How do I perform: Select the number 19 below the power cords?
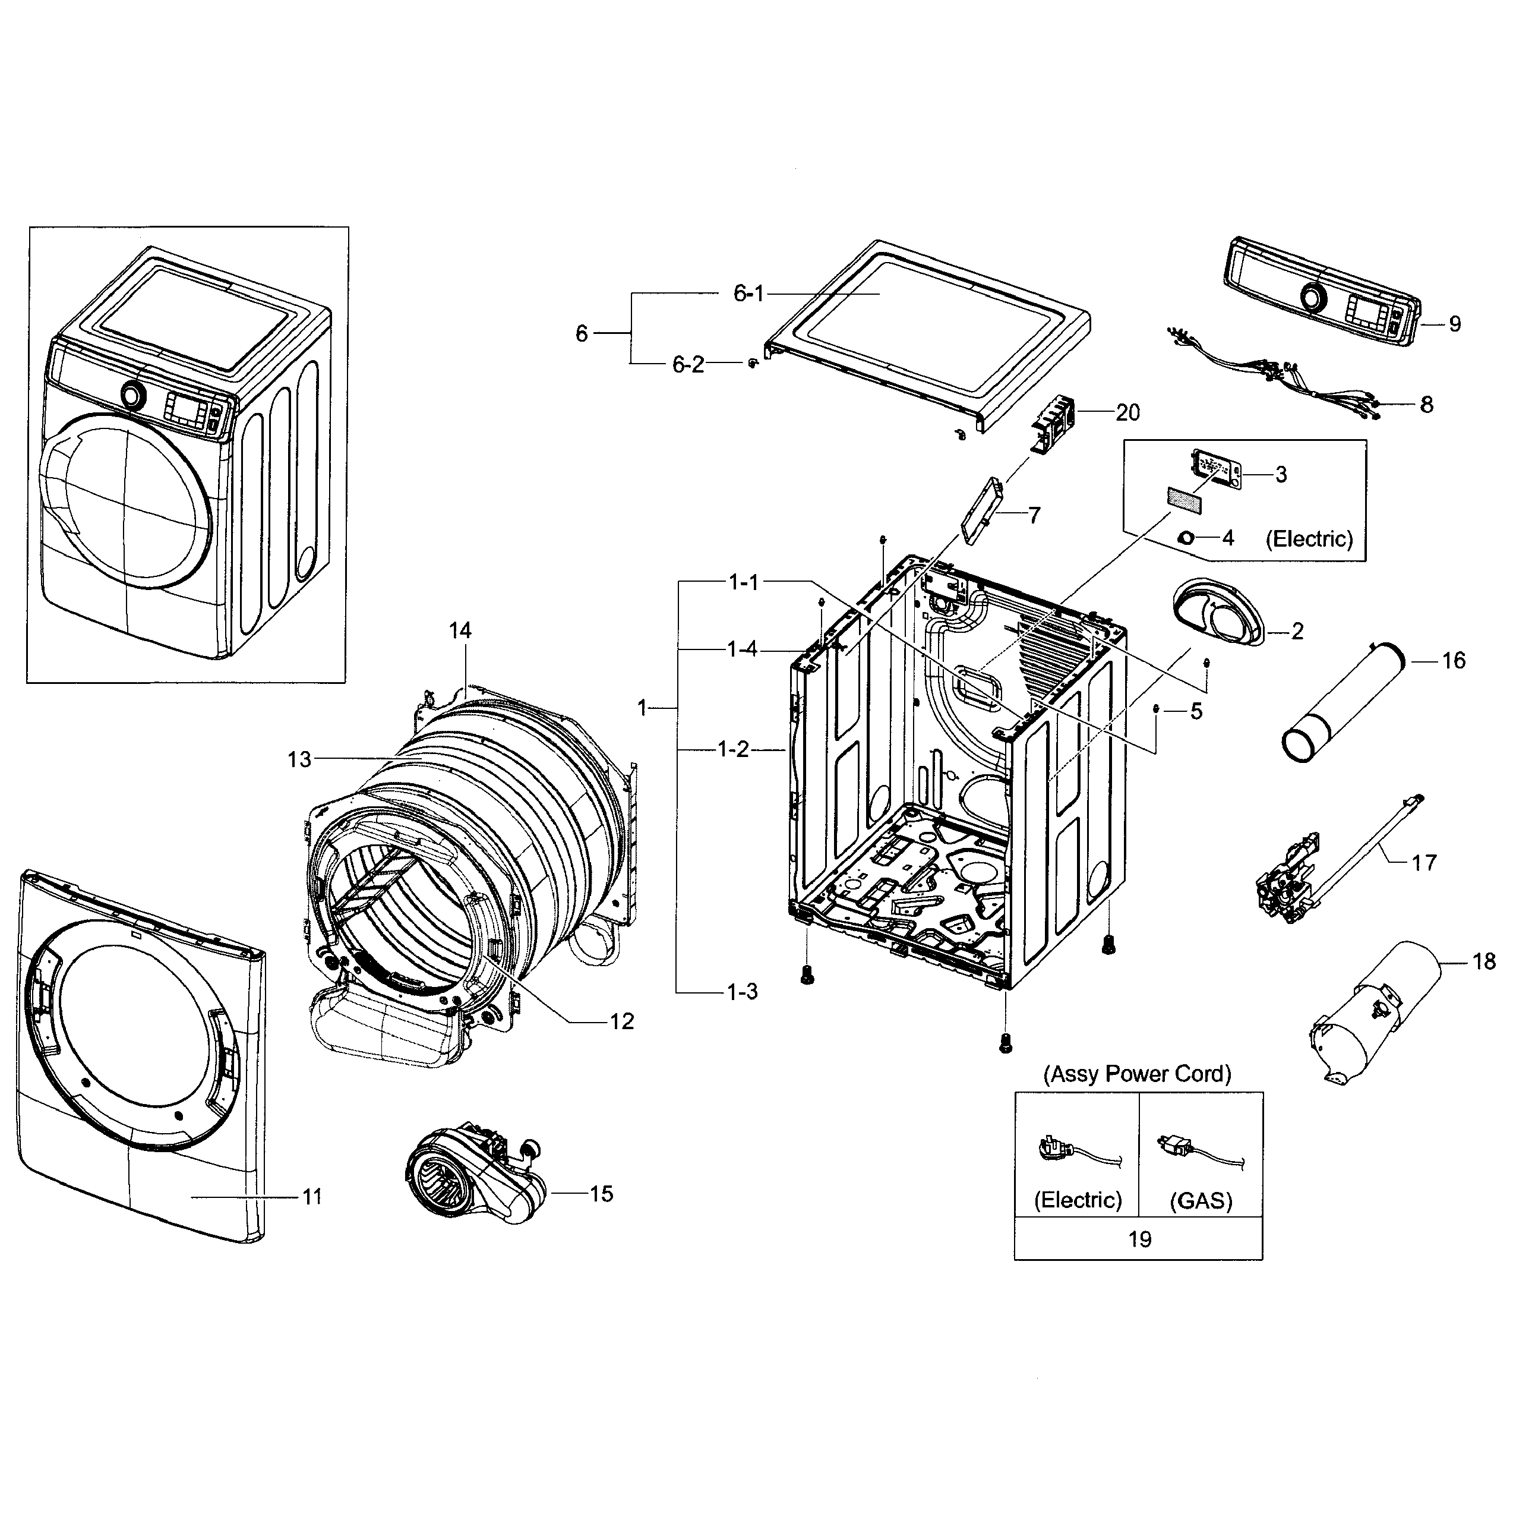1139,1239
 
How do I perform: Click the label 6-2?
688,364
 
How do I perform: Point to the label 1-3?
741,992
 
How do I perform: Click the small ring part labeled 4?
1186,538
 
